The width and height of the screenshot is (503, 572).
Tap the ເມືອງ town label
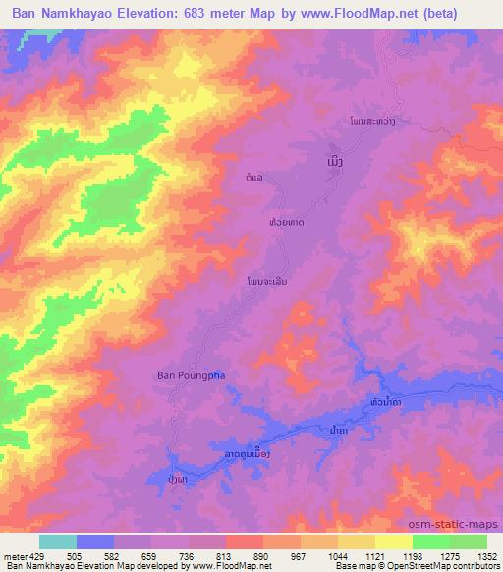[x=336, y=158]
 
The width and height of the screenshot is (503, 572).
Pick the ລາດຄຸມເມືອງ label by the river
[x=242, y=453]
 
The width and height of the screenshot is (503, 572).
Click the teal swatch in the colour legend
[x=58, y=542]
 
